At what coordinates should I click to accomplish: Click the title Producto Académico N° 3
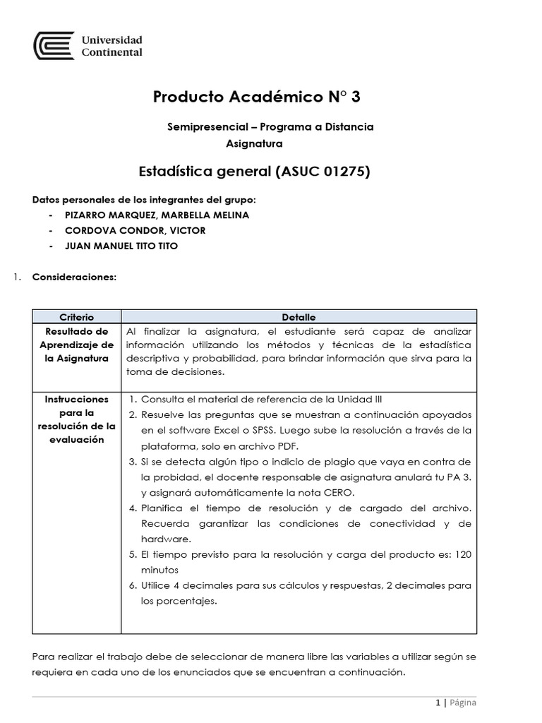[256, 97]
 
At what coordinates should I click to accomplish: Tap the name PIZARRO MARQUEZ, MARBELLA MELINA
[157, 215]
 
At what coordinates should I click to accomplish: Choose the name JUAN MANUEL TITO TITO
[121, 246]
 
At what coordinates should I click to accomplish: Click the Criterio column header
[76, 317]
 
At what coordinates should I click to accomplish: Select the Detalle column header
[299, 317]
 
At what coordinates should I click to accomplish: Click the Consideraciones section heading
[74, 277]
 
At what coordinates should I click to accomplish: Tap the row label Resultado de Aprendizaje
[76, 345]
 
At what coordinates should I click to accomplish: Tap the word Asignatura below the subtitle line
[254, 143]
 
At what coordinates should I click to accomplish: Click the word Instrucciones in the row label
[76, 399]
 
